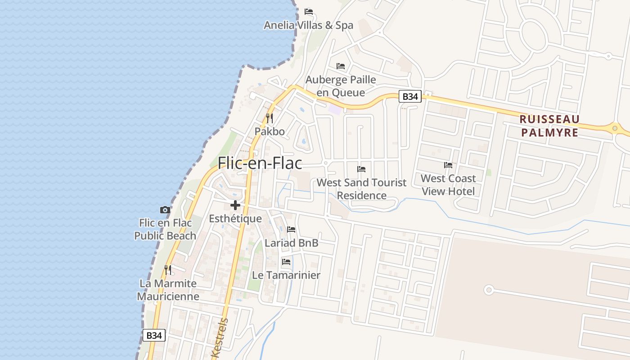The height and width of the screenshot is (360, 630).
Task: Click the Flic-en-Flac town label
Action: (x=260, y=163)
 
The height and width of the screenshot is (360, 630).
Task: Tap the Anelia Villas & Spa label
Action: (x=308, y=25)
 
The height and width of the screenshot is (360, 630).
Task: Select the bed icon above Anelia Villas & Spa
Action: (x=309, y=12)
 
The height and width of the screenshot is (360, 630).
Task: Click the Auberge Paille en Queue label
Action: (x=341, y=86)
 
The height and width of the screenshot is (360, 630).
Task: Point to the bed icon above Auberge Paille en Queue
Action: (x=341, y=66)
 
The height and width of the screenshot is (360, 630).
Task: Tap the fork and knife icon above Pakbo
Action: (x=270, y=118)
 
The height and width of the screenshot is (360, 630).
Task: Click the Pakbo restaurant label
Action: (x=270, y=131)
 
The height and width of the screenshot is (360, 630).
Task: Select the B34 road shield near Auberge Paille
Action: (x=410, y=96)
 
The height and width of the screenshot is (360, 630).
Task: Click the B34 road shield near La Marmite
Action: (x=154, y=335)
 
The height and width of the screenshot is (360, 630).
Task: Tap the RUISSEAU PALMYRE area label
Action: (x=549, y=126)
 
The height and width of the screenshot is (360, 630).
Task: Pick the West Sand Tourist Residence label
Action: (x=361, y=189)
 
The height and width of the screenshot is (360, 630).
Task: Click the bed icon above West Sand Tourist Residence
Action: (x=361, y=169)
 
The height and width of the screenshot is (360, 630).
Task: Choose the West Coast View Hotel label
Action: (x=448, y=185)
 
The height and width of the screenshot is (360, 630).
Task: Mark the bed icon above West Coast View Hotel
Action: (x=448, y=165)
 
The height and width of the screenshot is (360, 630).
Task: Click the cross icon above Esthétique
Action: (x=235, y=205)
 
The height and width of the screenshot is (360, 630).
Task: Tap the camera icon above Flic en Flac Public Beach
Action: (x=165, y=210)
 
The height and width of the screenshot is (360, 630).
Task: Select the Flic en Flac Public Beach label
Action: (x=165, y=229)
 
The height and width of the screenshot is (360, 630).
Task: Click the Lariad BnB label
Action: (x=292, y=243)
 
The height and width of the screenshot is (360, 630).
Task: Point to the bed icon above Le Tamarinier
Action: (x=286, y=261)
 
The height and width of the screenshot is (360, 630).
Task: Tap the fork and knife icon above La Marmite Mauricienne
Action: (x=168, y=270)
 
